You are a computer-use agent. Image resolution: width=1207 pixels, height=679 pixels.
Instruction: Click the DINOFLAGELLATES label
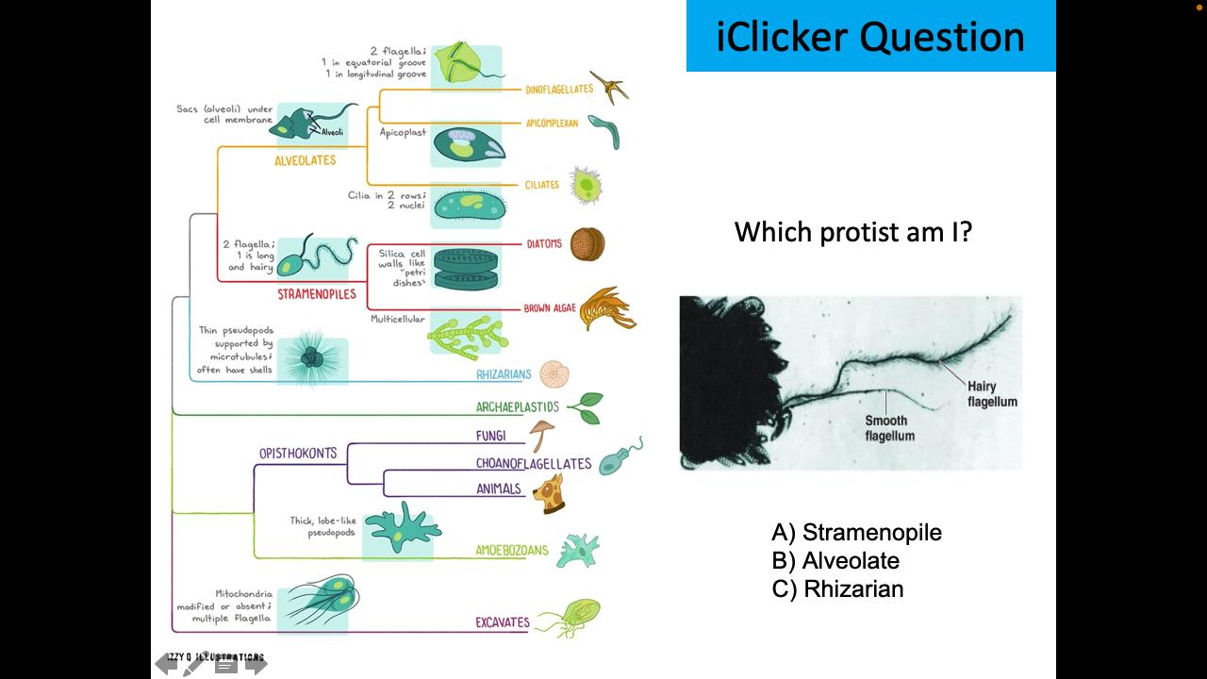click(559, 90)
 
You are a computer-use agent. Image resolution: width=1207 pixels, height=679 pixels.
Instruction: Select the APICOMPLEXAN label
click(552, 124)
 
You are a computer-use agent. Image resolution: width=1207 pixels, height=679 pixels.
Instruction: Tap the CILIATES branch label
click(541, 185)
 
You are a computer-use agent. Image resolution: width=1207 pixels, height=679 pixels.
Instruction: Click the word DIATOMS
click(543, 243)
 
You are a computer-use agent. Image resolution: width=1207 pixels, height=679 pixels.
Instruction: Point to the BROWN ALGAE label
click(549, 308)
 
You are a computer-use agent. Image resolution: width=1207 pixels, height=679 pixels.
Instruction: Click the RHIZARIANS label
click(504, 374)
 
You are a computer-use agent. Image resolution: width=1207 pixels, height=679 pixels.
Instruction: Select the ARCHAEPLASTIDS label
click(518, 407)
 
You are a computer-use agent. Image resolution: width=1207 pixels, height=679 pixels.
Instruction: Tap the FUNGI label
click(490, 436)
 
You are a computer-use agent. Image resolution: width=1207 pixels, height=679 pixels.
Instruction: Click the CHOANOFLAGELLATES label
click(534, 463)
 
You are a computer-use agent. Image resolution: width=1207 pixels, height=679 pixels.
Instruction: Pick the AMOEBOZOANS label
click(511, 551)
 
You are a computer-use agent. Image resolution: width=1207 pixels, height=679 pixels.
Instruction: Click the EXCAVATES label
click(503, 622)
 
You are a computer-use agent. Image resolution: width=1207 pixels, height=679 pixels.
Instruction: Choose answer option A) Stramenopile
click(856, 533)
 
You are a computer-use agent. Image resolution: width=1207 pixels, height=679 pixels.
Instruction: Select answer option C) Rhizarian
click(837, 589)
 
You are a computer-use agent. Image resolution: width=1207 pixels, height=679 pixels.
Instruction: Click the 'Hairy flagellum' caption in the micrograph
click(992, 394)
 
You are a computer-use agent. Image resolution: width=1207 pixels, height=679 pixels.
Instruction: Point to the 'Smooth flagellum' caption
click(889, 428)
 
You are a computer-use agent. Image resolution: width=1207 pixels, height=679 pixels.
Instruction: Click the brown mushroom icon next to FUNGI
click(541, 435)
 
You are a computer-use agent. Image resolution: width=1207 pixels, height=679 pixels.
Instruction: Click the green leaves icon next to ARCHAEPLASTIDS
click(585, 407)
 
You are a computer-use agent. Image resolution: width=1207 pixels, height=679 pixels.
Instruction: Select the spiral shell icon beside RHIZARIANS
click(549, 374)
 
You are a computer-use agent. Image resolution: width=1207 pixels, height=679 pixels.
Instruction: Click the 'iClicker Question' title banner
click(870, 36)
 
